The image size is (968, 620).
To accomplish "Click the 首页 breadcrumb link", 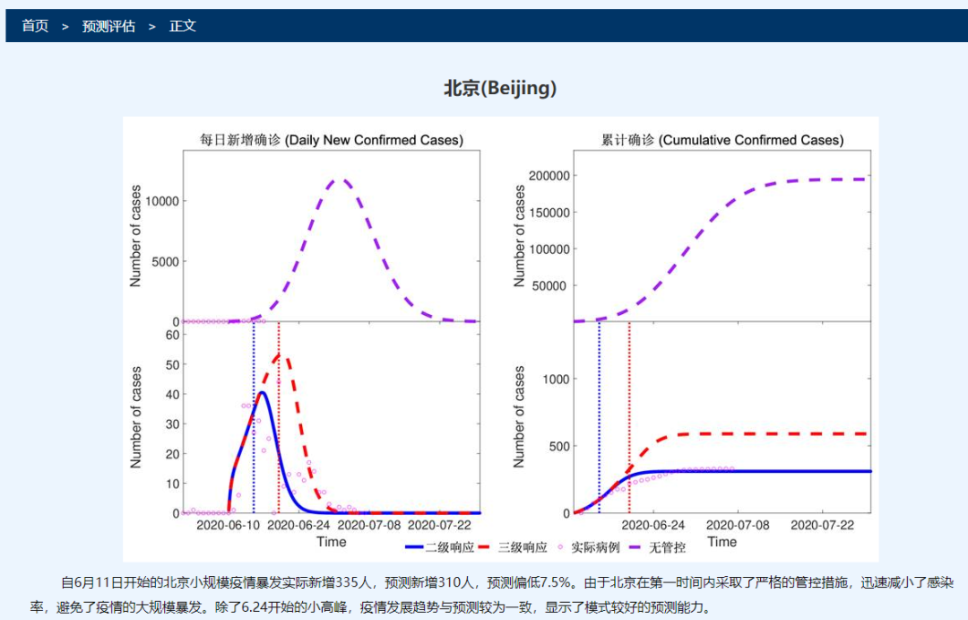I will coord(35,26).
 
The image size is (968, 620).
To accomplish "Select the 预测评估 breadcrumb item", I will coord(108,26).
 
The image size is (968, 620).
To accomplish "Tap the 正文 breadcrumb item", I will coord(183,26).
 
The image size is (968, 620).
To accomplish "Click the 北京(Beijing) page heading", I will coord(500,88).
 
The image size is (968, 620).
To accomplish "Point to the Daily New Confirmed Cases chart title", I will coord(331,140).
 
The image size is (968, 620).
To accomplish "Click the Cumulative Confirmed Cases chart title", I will coord(722,140).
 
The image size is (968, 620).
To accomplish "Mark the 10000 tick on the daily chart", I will coord(162,201).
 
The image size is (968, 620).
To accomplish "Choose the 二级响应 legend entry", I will coord(438,546).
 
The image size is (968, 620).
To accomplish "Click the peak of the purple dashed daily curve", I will coord(341,179).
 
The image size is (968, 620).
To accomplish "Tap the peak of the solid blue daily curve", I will coord(262,392).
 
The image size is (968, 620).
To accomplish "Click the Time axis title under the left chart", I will coord(331,541).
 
